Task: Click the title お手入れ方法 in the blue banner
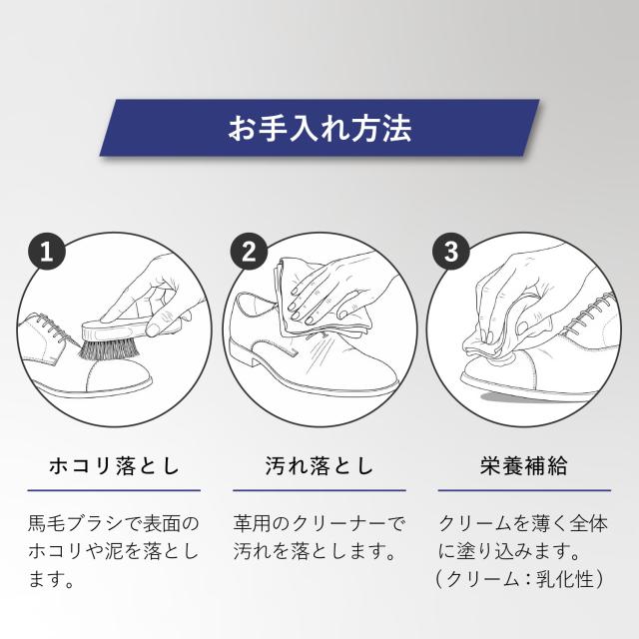point(319,128)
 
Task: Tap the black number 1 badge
point(47,252)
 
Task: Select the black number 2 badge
point(249,252)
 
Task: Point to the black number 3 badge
point(451,252)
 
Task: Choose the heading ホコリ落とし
point(114,466)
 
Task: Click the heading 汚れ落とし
point(319,466)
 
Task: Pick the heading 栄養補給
point(524,466)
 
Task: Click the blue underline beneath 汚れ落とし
point(319,490)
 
